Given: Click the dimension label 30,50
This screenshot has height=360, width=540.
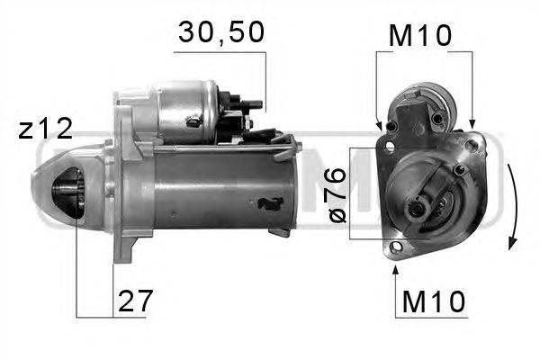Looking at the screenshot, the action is click(221, 32).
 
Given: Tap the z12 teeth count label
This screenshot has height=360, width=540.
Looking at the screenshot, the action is click(46, 129).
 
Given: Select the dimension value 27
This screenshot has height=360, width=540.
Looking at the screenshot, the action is click(135, 301).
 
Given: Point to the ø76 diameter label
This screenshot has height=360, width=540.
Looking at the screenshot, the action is click(337, 195).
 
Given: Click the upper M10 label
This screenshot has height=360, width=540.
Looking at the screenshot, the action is click(419, 36).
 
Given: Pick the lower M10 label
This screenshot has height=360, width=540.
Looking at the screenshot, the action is click(434, 301).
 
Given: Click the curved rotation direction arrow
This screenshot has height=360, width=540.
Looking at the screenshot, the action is click(513, 207).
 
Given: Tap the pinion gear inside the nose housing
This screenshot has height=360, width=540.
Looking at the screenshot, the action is click(70, 192).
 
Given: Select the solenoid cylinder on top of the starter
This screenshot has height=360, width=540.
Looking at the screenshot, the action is click(188, 112).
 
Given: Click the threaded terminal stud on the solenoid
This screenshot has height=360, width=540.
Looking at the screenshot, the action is click(253, 104).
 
